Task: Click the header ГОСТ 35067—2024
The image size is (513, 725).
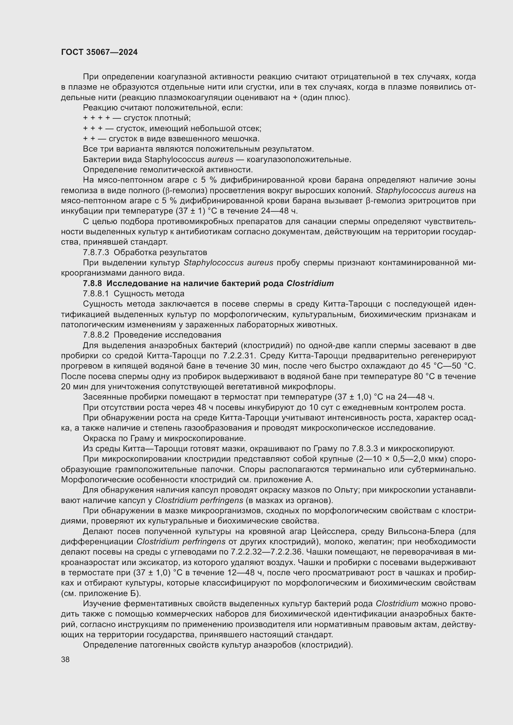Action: point(99,52)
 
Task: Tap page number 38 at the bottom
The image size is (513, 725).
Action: point(65,659)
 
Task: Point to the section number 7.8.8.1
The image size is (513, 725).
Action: point(96,294)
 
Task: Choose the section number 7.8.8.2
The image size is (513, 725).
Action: point(96,335)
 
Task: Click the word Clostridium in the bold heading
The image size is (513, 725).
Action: point(310,283)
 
